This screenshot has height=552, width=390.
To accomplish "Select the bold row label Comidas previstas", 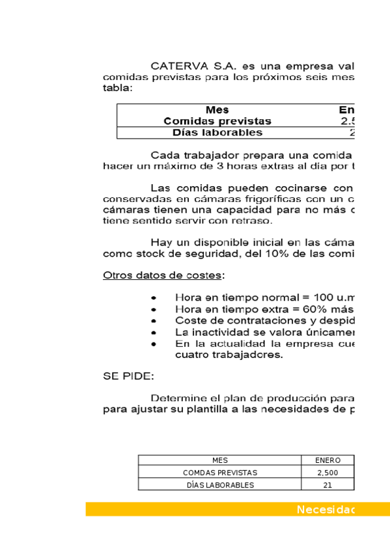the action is [x=217, y=121].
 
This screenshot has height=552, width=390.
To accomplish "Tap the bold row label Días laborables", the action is [x=217, y=133].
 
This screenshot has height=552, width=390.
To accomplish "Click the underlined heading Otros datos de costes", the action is [x=161, y=275].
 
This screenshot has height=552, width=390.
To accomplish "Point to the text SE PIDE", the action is [x=128, y=376].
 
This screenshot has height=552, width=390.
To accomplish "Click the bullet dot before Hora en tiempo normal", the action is [x=153, y=297].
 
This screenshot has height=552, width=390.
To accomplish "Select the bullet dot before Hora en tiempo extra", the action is [x=153, y=309].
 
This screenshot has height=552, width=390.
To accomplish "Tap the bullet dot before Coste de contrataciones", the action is [x=153, y=320].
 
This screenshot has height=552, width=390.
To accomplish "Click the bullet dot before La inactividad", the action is [x=153, y=332].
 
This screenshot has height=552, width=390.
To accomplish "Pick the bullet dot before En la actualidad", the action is [x=153, y=344].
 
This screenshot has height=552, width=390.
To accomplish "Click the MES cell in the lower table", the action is [x=220, y=460].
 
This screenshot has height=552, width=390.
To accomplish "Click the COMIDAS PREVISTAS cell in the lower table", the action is [x=220, y=473].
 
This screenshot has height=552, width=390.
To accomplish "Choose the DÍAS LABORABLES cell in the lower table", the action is [x=220, y=485].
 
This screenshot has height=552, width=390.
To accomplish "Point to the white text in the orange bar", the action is [x=325, y=510].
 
